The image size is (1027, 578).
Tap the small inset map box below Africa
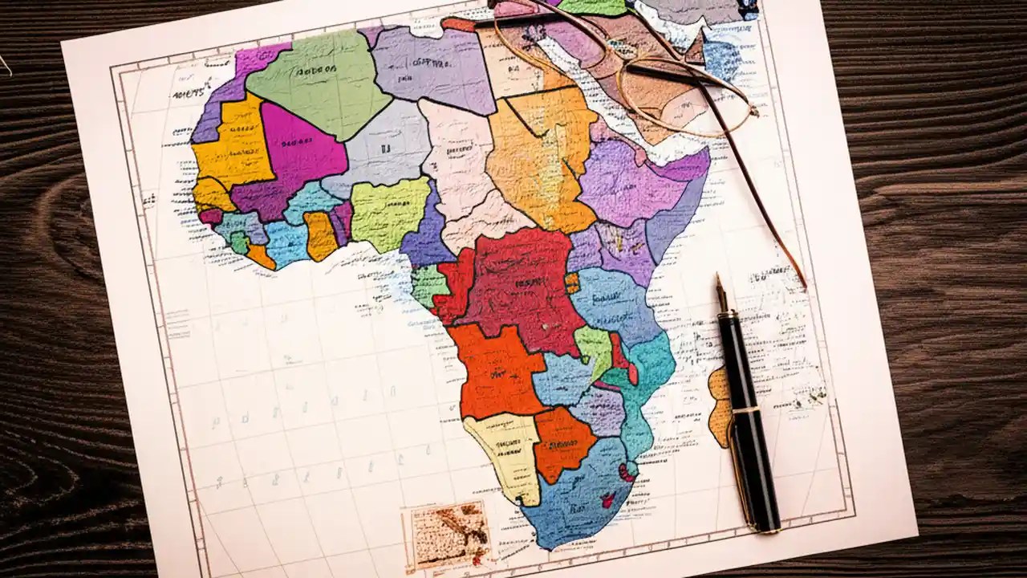click(x=449, y=535)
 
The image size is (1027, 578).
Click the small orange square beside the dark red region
click(x=572, y=282)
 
